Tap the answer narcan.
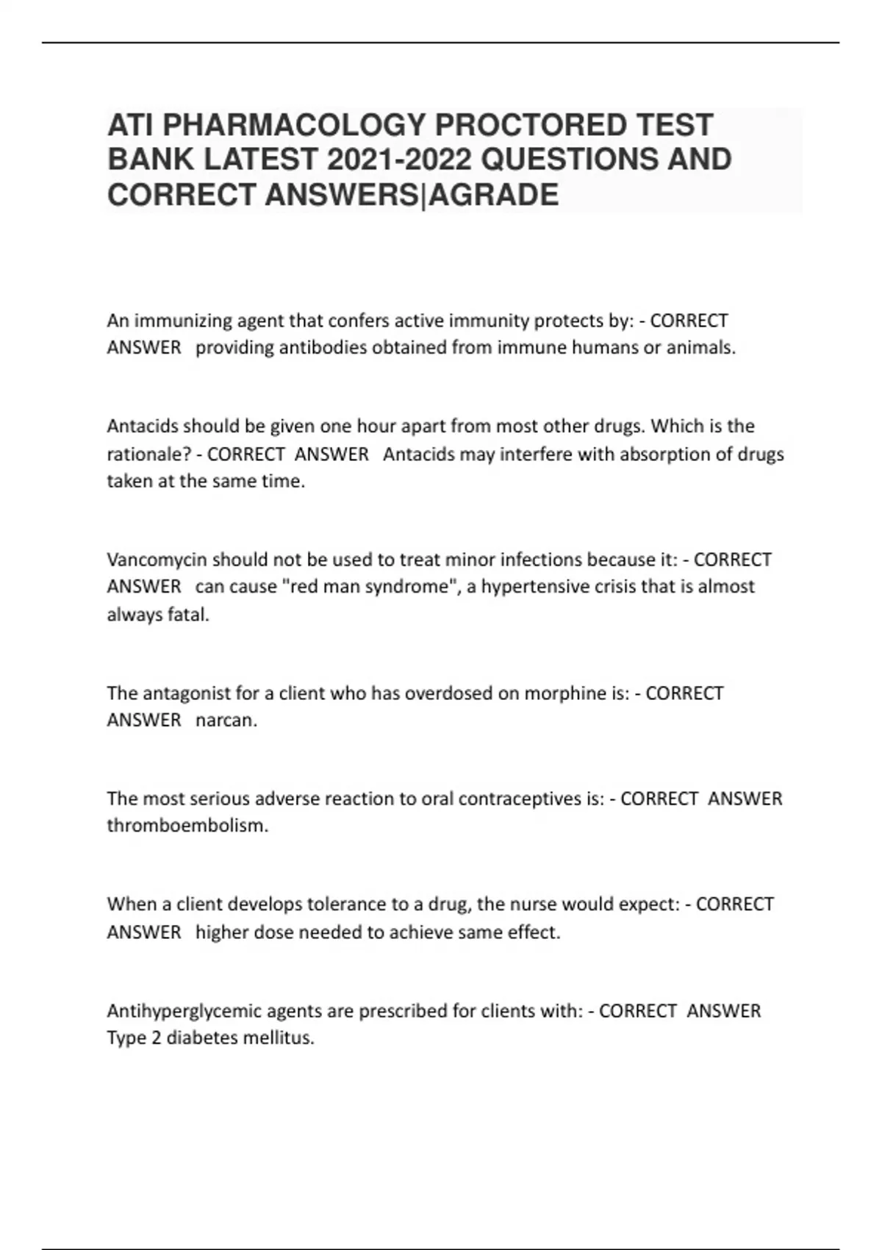click(x=226, y=721)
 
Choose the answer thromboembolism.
click(x=187, y=826)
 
